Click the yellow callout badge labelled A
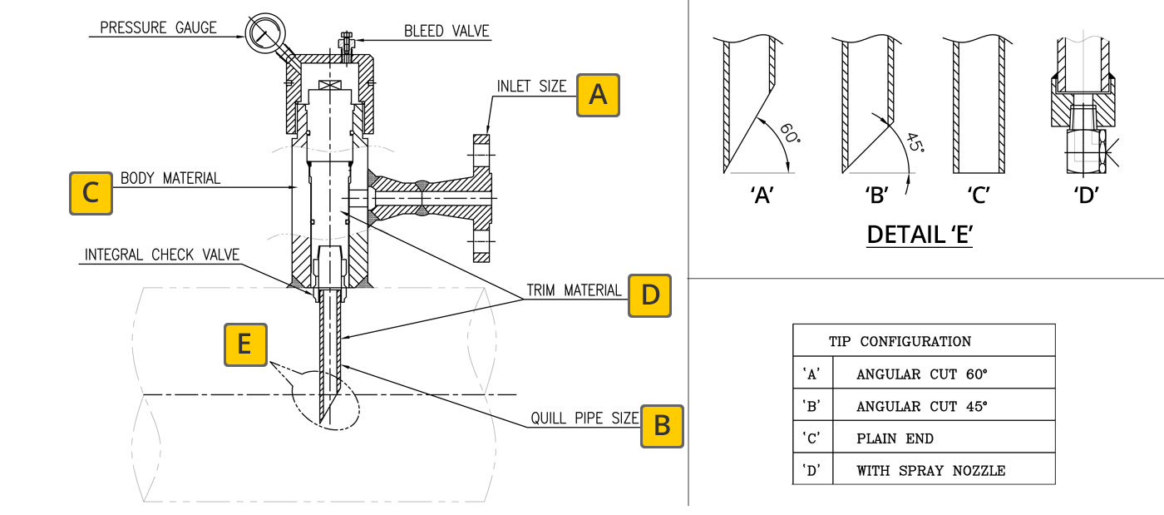(x=598, y=95)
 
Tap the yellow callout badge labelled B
(x=662, y=426)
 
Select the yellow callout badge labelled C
(x=91, y=193)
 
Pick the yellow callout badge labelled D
(x=649, y=295)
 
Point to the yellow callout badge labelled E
(x=245, y=345)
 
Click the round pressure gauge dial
(x=265, y=32)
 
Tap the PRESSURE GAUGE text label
(x=158, y=27)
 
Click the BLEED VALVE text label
(x=446, y=32)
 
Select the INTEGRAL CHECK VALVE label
(x=161, y=255)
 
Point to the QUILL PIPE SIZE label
(x=584, y=418)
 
